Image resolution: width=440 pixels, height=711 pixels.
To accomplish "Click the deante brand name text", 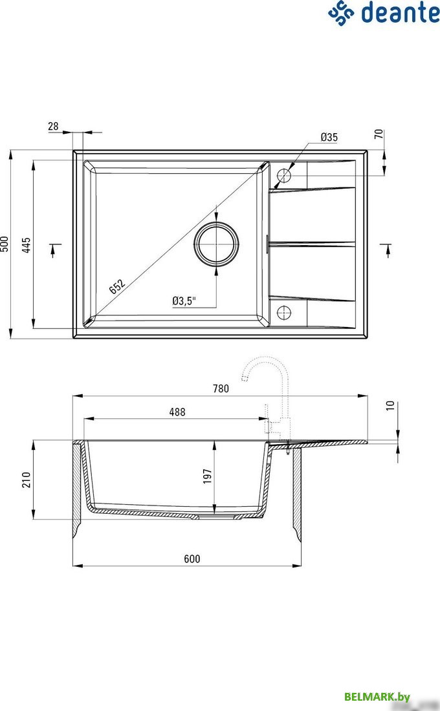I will coord(400,13).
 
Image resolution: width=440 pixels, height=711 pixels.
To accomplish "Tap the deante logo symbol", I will coord(342,13).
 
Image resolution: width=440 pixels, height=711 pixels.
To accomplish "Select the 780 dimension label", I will coord(221,388).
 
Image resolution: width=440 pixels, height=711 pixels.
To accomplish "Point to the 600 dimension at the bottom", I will coord(192,558).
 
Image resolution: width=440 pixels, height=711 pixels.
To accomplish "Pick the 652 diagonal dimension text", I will coord(117,285).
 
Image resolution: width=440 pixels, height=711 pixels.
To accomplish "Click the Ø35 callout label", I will coord(329,137).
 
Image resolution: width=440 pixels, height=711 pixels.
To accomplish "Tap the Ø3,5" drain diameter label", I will coord(184,301).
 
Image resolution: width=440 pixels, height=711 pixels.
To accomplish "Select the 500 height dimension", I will coord(5,244).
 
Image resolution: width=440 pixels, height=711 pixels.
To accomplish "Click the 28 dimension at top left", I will coord(53,127).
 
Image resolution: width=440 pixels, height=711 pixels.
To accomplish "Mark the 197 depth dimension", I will coord(207,477).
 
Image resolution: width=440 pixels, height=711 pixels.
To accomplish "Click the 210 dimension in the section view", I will coord(27,480).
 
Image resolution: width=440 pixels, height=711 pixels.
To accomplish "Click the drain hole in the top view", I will coord(217,244).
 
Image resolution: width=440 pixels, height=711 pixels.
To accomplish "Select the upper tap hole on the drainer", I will coord(284,175).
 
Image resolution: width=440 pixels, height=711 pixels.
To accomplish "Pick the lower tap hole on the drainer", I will coord(284,313).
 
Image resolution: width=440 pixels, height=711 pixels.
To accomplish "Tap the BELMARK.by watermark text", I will coord(377,696).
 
